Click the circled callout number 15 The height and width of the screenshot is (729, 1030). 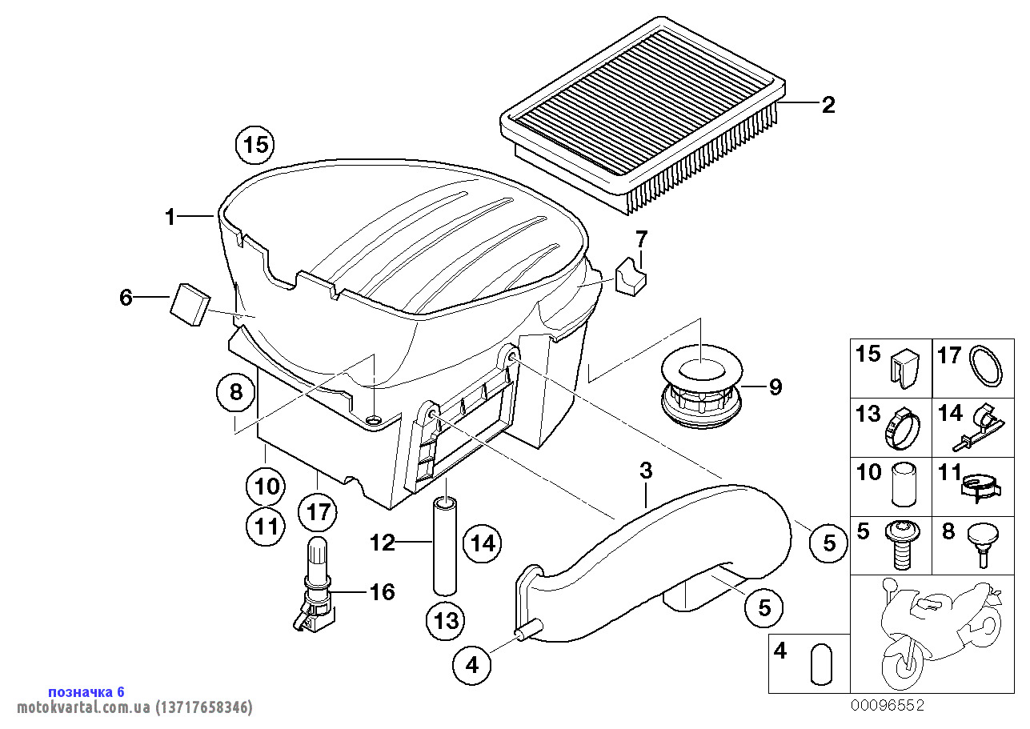254,146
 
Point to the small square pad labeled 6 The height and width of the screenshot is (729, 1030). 190,304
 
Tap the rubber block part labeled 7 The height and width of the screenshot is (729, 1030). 632,275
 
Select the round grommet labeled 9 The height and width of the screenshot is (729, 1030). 701,389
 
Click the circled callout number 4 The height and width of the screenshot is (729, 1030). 471,663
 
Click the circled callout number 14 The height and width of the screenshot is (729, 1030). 483,543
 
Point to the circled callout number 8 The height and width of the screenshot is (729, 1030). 235,392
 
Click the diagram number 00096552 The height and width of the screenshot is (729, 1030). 887,705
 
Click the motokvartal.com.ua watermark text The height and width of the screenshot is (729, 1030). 127,707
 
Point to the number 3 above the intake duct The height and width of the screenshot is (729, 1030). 646,471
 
